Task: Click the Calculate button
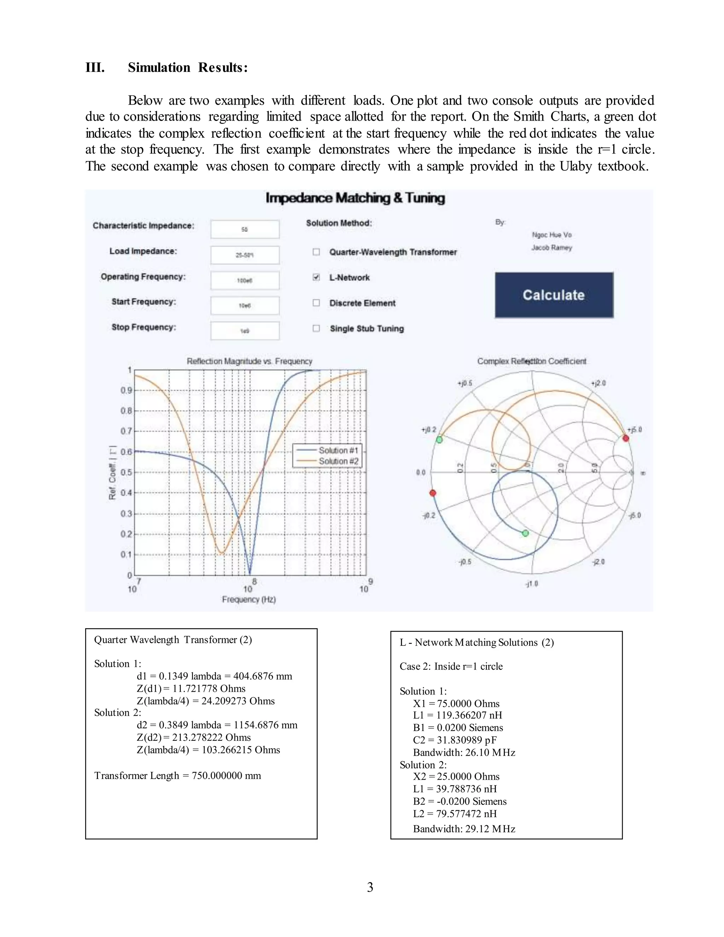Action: pyautogui.click(x=554, y=295)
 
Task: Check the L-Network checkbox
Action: pyautogui.click(x=316, y=277)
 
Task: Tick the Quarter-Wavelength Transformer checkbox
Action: pyautogui.click(x=316, y=252)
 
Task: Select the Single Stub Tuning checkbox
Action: pyautogui.click(x=316, y=328)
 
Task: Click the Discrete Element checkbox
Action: pyautogui.click(x=316, y=303)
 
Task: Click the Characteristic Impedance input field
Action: pyautogui.click(x=245, y=229)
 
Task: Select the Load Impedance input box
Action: pyautogui.click(x=245, y=255)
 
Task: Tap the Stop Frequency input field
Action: pyautogui.click(x=245, y=331)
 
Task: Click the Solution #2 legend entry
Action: pyautogui.click(x=338, y=461)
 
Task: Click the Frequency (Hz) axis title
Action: pyautogui.click(x=249, y=599)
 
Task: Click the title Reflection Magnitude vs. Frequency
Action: pyautogui.click(x=249, y=361)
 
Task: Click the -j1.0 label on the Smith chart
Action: pyautogui.click(x=531, y=583)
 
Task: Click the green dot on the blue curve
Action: pyautogui.click(x=525, y=533)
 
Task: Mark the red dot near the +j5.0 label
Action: pyautogui.click(x=626, y=438)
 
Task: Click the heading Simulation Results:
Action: pyautogui.click(x=188, y=67)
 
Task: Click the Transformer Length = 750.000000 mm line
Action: pyautogui.click(x=177, y=776)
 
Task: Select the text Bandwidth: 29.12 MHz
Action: pyautogui.click(x=464, y=829)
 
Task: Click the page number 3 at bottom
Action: pyautogui.click(x=370, y=887)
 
